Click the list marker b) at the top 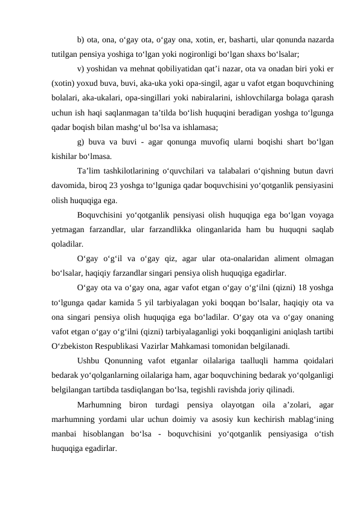[81, 40]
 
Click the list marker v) [81, 68]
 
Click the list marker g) [81, 141]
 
